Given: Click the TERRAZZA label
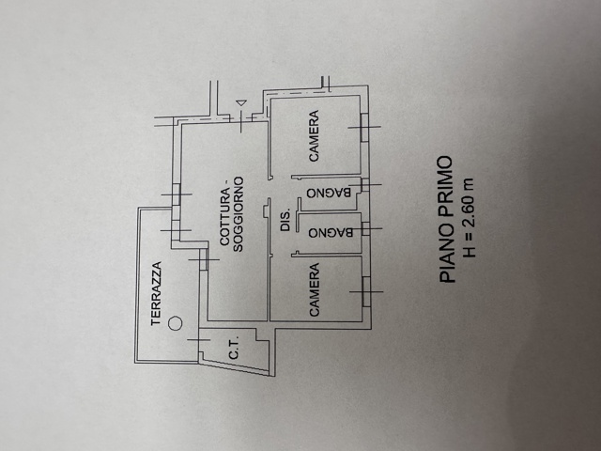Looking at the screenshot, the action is [157, 293].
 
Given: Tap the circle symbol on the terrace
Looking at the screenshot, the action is [176, 323].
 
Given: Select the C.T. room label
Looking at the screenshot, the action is [234, 348].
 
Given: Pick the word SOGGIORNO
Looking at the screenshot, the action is [239, 214].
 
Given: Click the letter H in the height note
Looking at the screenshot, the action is [470, 252].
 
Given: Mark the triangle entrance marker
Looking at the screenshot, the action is [241, 102].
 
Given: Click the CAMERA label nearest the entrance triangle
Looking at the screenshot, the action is [314, 136].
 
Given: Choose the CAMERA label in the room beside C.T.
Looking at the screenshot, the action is [314, 289].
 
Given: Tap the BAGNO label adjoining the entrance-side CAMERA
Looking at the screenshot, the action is [329, 192].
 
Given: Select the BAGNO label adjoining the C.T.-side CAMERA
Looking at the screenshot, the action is [331, 233].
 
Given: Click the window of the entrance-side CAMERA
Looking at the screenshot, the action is [364, 127].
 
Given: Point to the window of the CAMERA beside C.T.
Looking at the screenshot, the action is [366, 291].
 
